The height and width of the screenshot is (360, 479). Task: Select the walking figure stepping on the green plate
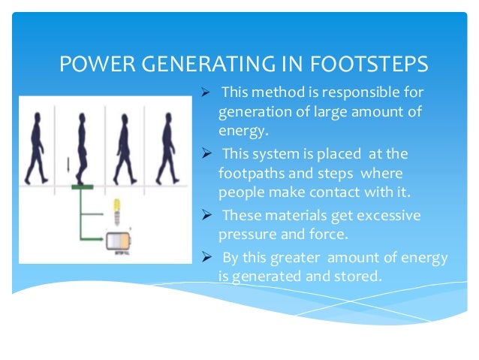pos(80,147)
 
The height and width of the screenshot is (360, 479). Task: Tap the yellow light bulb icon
pos(116,210)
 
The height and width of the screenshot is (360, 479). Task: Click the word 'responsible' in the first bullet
pos(344,93)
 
